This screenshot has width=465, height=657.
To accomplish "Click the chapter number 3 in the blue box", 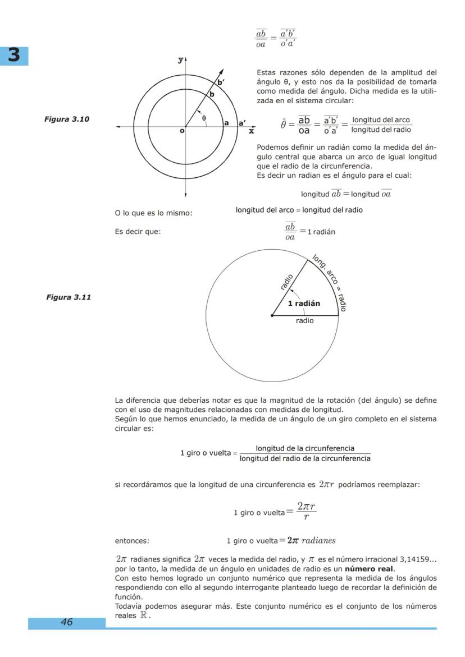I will click(13, 55).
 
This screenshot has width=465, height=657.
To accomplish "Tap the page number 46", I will click(67, 622).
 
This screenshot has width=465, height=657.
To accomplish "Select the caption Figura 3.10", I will click(66, 119).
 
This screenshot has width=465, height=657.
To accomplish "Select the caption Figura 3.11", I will click(68, 297).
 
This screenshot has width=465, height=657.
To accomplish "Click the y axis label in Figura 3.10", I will click(180, 59).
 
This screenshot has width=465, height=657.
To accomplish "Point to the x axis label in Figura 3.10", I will click(251, 131).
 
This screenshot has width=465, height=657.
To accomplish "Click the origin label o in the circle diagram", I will click(181, 131).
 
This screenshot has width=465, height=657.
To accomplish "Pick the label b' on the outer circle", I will click(221, 82).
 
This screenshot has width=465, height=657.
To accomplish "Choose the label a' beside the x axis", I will click(242, 122).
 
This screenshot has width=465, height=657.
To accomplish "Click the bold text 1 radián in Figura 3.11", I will click(304, 304).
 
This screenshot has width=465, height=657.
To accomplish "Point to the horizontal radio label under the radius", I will click(305, 321).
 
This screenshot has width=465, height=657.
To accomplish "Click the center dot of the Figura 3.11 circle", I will click(272, 315).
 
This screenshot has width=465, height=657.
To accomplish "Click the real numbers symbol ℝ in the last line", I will click(145, 615).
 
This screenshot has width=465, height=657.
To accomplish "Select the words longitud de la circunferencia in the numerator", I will click(305, 448).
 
